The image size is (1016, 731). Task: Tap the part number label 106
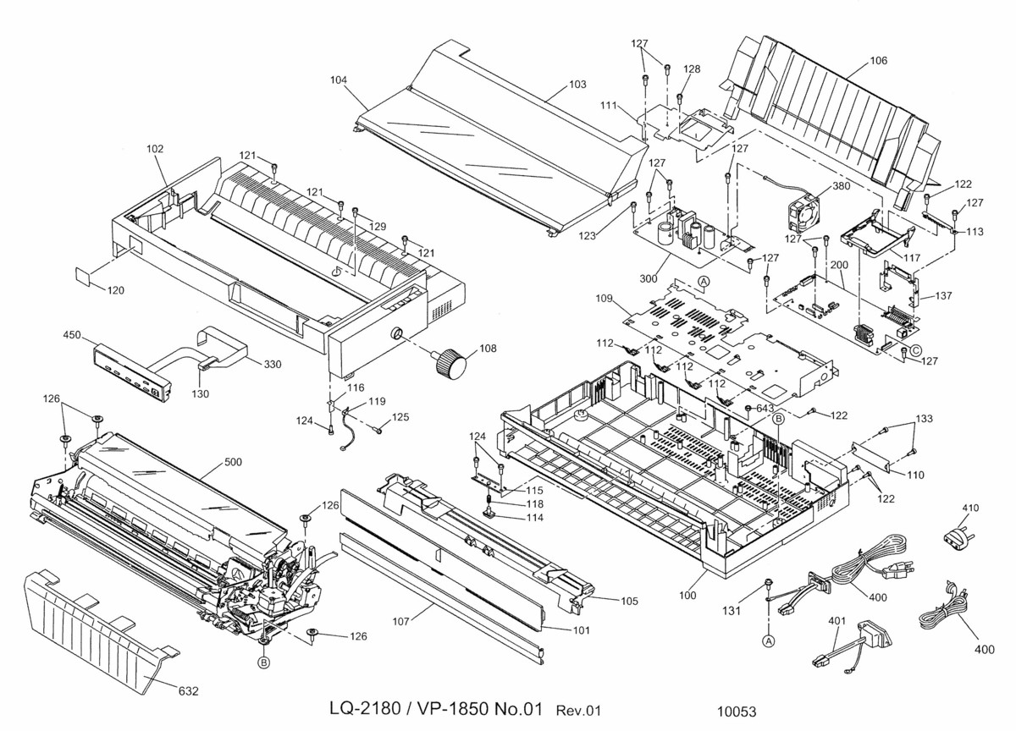(x=879, y=60)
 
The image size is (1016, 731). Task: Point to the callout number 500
(x=234, y=464)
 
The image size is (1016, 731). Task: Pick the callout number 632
(x=188, y=691)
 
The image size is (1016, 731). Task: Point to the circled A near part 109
(x=704, y=280)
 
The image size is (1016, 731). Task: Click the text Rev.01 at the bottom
(x=578, y=711)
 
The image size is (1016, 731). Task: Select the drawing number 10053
(x=737, y=712)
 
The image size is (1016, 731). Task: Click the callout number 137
(x=944, y=296)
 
